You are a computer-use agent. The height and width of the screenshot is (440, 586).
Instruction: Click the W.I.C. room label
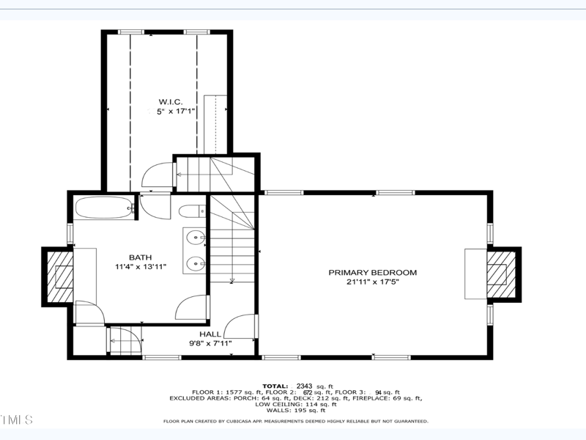[x=170, y=100]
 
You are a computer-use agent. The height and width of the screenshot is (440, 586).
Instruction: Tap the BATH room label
[x=140, y=257]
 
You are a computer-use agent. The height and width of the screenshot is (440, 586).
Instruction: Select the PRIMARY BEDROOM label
[x=372, y=273]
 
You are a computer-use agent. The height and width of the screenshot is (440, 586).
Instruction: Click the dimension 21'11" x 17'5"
[x=372, y=282]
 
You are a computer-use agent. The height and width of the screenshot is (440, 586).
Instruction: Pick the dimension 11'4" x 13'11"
[x=141, y=267]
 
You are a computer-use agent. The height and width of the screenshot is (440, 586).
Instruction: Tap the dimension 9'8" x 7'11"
[x=210, y=343]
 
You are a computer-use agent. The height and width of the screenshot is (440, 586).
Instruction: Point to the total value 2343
[x=305, y=385]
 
